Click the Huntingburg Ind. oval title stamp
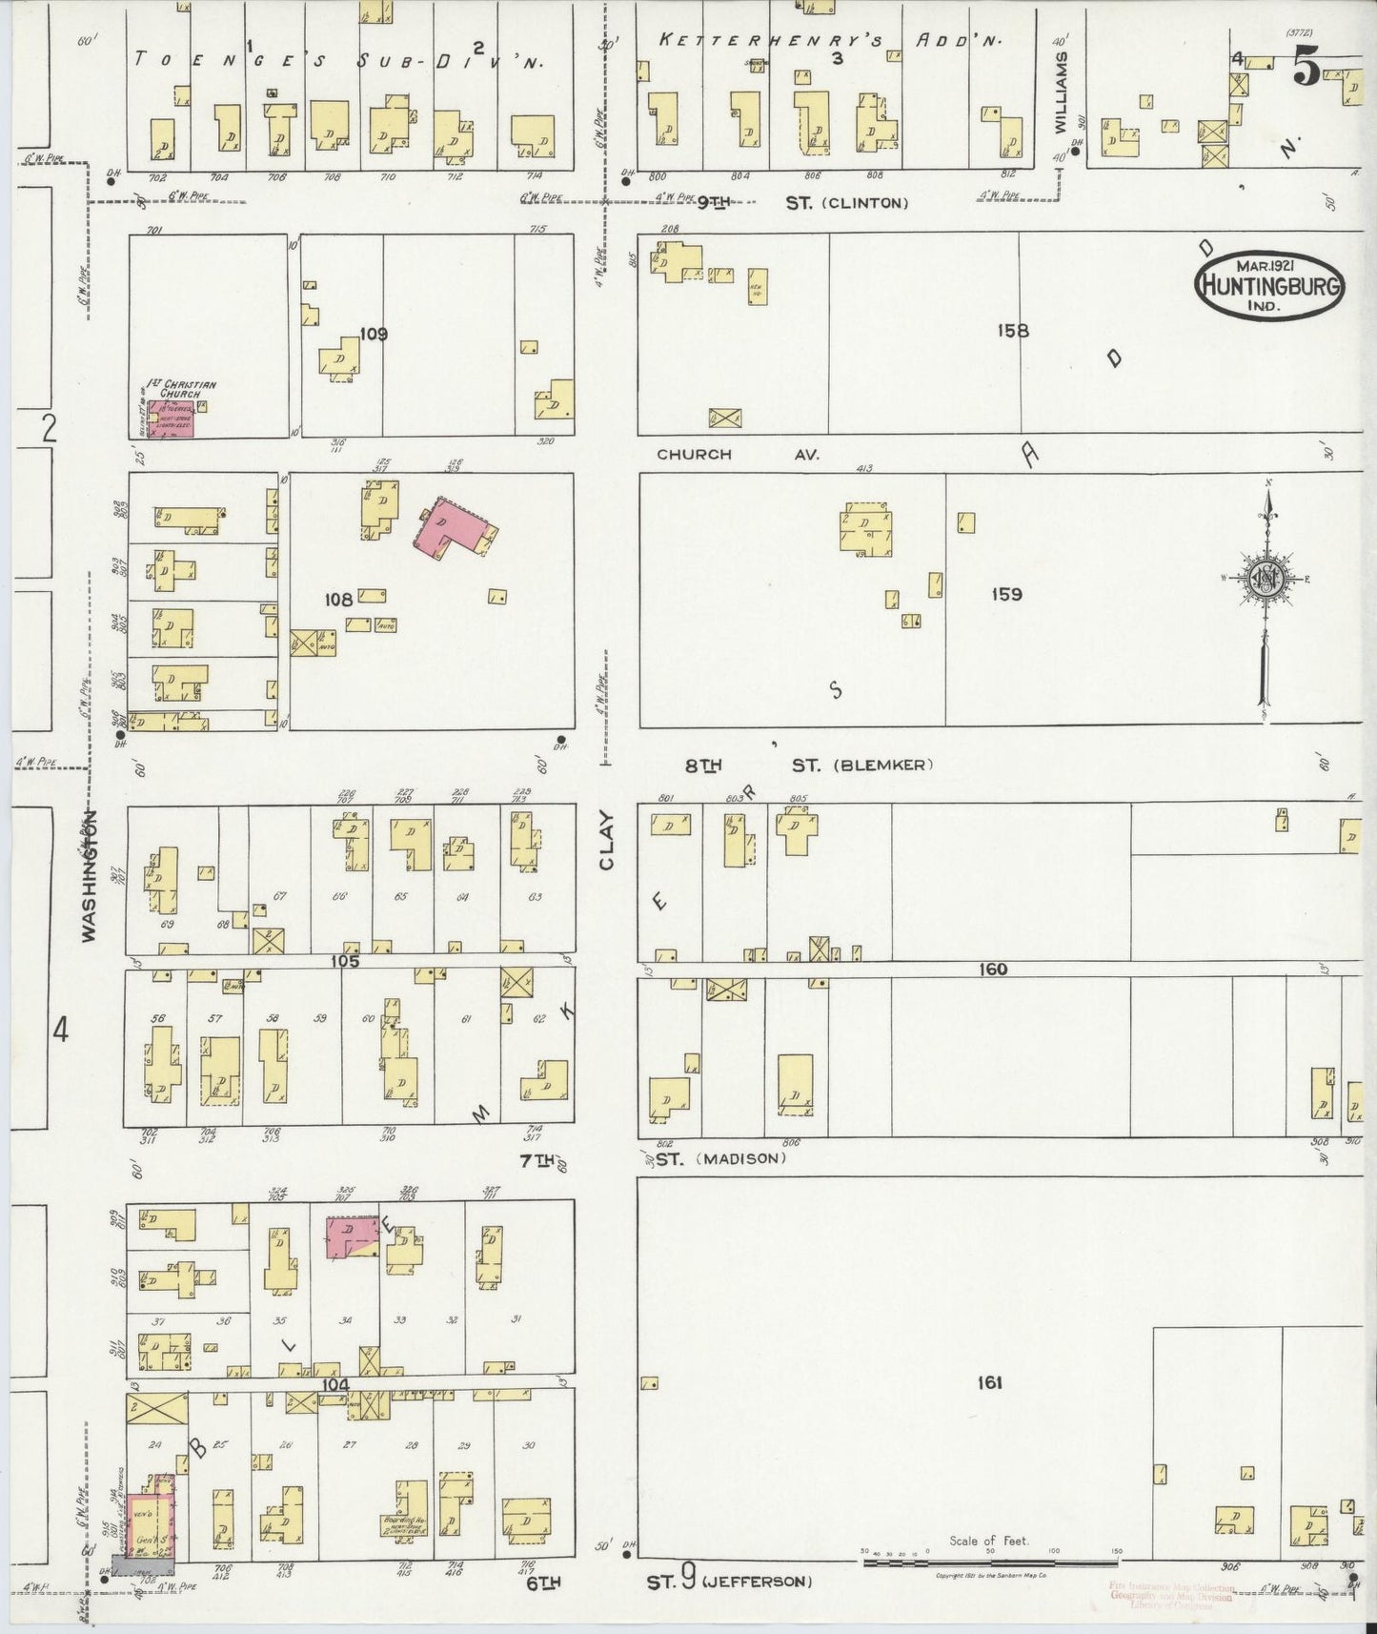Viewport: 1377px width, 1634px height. pyautogui.click(x=1269, y=286)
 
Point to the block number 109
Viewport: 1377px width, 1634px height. pyautogui.click(x=374, y=334)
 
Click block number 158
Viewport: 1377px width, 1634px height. pyautogui.click(x=1013, y=331)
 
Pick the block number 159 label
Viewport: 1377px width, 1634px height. pyautogui.click(x=1006, y=594)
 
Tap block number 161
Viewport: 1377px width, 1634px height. pyautogui.click(x=989, y=1382)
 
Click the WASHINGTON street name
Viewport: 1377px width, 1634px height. pyautogui.click(x=90, y=877)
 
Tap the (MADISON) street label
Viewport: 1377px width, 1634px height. pyautogui.click(x=740, y=1158)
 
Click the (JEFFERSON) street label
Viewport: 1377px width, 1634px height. pyautogui.click(x=759, y=1582)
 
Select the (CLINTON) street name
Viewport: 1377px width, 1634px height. pyautogui.click(x=866, y=203)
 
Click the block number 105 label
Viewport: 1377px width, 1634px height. pyautogui.click(x=345, y=961)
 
